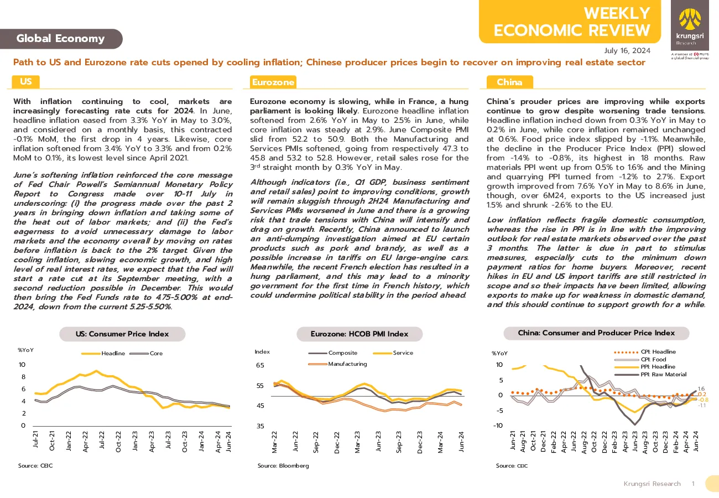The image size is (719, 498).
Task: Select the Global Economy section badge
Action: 61,39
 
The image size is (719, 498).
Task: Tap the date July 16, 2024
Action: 627,51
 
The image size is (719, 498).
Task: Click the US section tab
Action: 25,81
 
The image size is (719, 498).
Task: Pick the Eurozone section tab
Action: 273,82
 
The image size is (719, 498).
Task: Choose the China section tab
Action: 510,82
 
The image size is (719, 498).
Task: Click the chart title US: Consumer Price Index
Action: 122,334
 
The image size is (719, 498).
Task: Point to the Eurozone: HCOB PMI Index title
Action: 359,334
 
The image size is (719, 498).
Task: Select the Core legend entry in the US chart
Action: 146,353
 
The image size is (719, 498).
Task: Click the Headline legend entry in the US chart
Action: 103,353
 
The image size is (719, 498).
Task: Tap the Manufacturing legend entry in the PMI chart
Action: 337,364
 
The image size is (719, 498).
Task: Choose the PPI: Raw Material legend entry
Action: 650,375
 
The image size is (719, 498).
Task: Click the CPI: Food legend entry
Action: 640,359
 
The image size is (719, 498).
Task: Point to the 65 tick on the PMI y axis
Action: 260,365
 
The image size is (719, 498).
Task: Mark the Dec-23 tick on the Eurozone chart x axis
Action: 420,442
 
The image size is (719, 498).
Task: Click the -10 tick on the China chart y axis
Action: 498,426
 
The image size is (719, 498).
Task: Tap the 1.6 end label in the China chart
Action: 701,388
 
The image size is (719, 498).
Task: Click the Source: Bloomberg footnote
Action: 283,465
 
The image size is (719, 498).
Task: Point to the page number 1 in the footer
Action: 694,484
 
